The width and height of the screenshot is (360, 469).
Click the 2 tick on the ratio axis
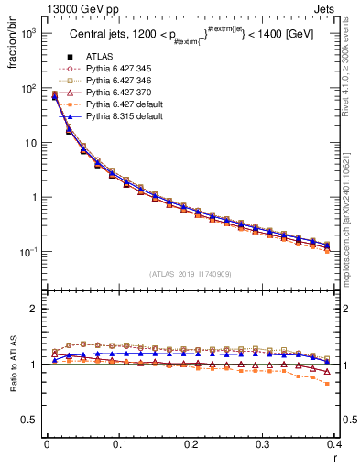35,310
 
